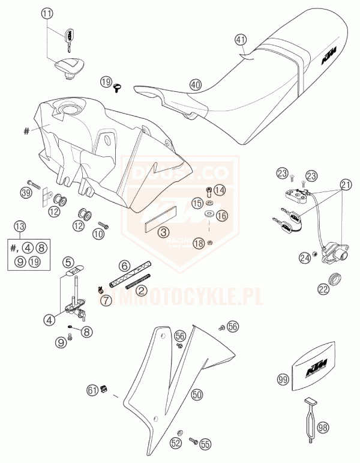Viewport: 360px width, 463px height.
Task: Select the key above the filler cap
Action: (x=70, y=35)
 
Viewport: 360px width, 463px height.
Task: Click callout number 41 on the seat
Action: (x=241, y=40)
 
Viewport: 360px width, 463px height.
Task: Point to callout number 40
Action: (x=195, y=85)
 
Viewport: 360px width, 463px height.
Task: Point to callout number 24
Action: (x=305, y=258)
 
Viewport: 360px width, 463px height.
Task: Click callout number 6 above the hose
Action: (x=124, y=265)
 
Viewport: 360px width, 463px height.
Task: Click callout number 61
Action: (x=92, y=390)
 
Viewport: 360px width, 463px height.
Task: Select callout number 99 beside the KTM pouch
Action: (x=283, y=379)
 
